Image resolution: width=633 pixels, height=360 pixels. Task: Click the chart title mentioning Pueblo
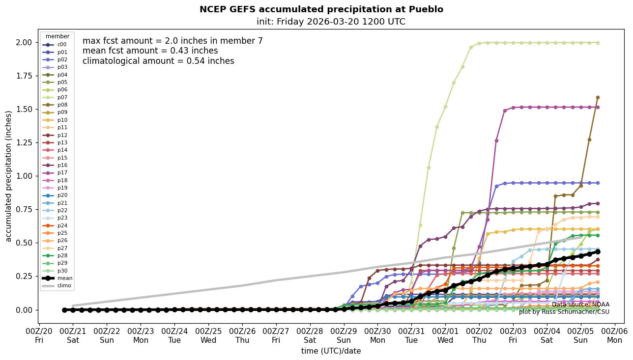pyautogui.click(x=321, y=9)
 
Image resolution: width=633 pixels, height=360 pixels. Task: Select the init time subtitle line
pyautogui.click(x=331, y=22)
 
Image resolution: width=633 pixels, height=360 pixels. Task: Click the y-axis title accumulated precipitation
pyautogui.click(x=8, y=176)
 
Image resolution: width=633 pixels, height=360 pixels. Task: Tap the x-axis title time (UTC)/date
pyautogui.click(x=331, y=351)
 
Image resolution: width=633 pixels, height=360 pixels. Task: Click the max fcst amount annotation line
pyautogui.click(x=173, y=41)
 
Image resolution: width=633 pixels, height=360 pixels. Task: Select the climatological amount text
pyautogui.click(x=158, y=61)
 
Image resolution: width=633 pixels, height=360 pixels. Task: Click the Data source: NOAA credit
pyautogui.click(x=580, y=305)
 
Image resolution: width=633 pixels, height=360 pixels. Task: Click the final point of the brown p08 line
pyautogui.click(x=598, y=97)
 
